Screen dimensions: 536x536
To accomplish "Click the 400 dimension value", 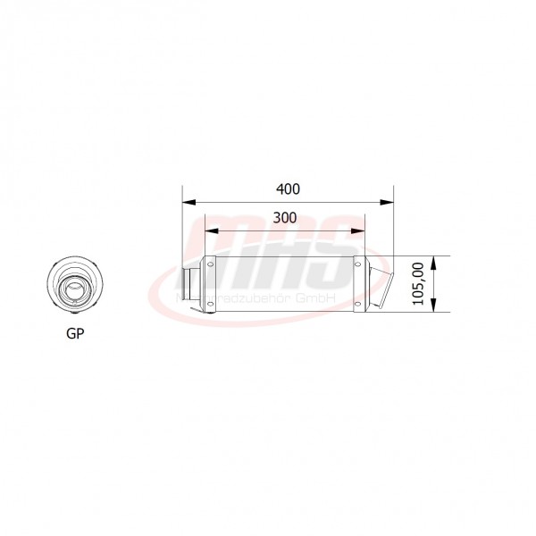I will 288,189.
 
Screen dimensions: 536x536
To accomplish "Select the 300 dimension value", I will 285,218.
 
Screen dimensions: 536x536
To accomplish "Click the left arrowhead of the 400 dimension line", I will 187,203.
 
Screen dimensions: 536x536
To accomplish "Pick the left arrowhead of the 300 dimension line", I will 210,231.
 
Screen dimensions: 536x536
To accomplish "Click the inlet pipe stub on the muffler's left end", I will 190,285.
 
